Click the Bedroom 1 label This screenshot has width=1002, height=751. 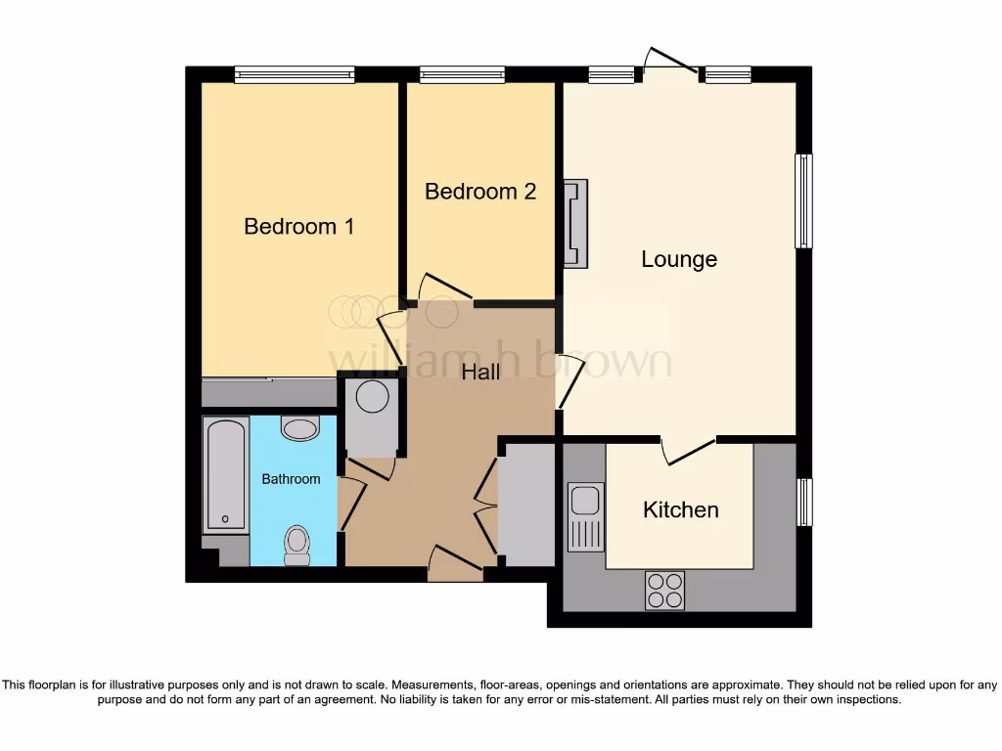coord(298,227)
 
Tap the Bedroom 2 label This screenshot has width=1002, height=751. coord(479,192)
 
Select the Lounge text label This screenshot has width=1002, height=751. coord(679,259)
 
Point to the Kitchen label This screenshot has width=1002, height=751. coord(680,509)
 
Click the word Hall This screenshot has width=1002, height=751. coord(480,372)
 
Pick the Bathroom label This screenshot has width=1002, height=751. coord(291,479)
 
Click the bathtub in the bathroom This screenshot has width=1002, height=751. coord(225,475)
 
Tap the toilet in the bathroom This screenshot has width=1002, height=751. coord(296,545)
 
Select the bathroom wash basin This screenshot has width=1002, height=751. coord(299,428)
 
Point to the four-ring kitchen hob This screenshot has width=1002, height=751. coord(664,590)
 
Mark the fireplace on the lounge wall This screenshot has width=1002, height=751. coord(575,223)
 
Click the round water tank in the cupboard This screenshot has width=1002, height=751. coord(372,397)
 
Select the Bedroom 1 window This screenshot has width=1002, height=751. coord(295,74)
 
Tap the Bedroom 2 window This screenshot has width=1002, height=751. coord(462,74)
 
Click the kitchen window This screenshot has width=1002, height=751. coord(804,502)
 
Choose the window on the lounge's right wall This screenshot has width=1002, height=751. coord(803,201)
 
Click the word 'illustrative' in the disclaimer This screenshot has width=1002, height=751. coord(143,685)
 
